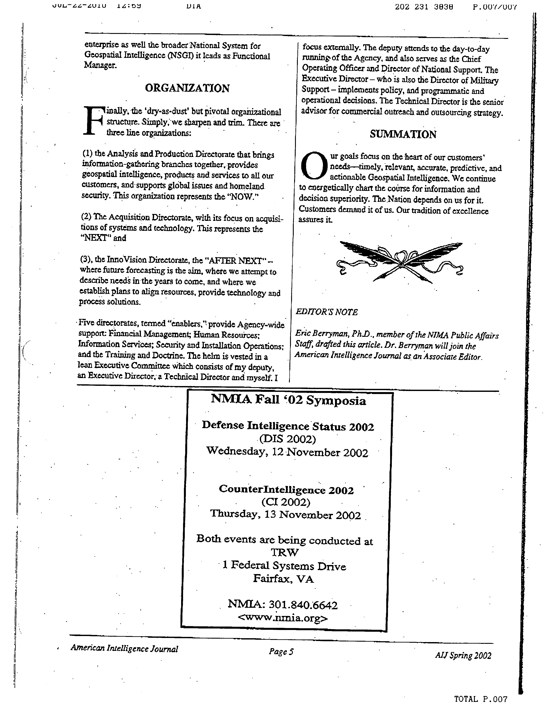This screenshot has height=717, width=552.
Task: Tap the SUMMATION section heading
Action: (403, 134)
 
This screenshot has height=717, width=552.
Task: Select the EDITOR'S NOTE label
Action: (327, 312)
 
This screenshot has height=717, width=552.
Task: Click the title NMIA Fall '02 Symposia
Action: (288, 400)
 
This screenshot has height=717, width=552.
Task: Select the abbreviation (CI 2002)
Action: (286, 502)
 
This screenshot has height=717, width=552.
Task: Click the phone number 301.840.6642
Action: (303, 605)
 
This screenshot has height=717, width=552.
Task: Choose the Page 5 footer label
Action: (281, 651)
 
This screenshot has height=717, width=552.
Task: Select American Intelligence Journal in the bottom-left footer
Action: (124, 648)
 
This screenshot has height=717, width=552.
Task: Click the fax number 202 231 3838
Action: (424, 6)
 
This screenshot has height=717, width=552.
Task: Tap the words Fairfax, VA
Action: (283, 579)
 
